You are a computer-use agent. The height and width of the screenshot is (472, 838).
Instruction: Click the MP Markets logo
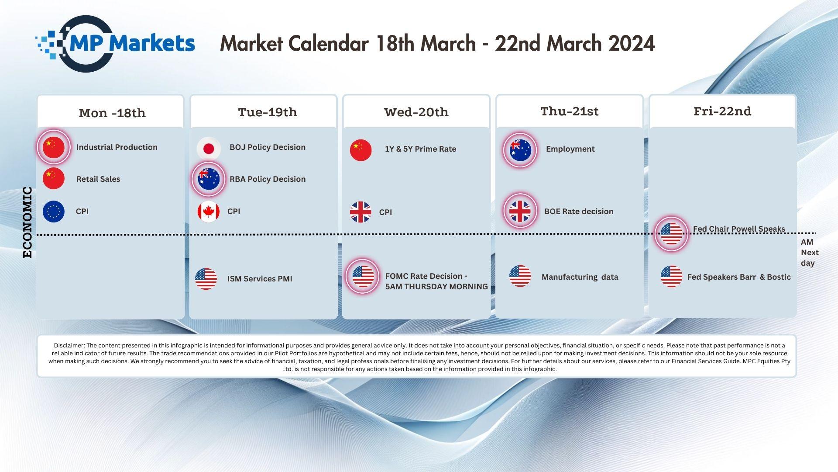[x=115, y=44]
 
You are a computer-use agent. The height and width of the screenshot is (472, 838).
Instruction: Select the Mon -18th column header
[x=112, y=113]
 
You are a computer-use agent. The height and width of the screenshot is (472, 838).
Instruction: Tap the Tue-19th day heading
[x=268, y=112]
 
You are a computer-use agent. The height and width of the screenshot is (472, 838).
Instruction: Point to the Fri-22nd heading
[x=722, y=111]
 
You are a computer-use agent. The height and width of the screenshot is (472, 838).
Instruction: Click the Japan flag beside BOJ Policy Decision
[x=209, y=149]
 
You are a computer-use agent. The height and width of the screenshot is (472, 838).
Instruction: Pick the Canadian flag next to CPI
[x=209, y=212]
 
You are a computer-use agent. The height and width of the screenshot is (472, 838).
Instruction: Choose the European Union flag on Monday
[x=54, y=212]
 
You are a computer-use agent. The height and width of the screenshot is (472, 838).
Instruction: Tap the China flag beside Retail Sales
[x=54, y=178]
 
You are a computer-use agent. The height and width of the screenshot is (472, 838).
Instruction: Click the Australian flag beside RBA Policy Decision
[x=209, y=179]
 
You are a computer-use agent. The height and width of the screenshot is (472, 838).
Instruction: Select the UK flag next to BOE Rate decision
[x=520, y=211]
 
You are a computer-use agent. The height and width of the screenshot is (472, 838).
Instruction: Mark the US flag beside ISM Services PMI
[x=206, y=279]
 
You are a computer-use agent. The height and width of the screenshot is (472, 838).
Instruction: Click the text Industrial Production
[x=117, y=147]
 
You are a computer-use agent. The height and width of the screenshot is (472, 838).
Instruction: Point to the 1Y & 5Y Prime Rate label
[x=420, y=149]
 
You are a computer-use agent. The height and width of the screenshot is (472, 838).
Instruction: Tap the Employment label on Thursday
[x=570, y=149]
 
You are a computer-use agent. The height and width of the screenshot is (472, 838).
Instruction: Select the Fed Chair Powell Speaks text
[x=739, y=229]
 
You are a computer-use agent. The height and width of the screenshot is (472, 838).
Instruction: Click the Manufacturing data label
[x=580, y=277]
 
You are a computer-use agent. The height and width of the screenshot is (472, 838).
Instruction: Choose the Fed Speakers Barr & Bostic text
[x=739, y=277]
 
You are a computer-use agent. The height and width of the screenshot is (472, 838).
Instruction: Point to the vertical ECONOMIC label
[x=27, y=222]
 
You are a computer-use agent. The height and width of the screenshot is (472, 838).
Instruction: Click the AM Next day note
[x=810, y=253]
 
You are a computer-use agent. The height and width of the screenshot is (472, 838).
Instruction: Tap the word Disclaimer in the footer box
[x=69, y=345]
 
